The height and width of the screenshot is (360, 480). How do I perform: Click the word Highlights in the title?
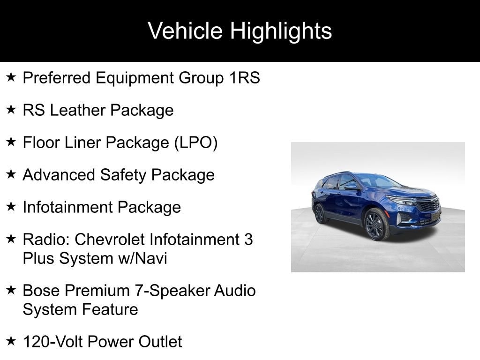[x=281, y=31]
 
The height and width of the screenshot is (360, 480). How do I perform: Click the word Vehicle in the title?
[x=185, y=30]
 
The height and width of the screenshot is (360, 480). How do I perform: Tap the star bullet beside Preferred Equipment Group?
[x=11, y=77]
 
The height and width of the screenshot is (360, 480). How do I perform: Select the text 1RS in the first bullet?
[x=245, y=77]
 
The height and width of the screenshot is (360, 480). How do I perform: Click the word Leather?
[x=77, y=110]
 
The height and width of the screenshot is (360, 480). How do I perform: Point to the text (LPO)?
[x=196, y=142]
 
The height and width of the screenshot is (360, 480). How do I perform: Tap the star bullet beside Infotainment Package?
[x=11, y=206]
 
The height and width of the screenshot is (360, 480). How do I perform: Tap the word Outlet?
[x=160, y=342]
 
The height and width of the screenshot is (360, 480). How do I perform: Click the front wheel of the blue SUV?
[x=376, y=224]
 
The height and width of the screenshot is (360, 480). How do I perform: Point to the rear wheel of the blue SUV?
[x=320, y=213]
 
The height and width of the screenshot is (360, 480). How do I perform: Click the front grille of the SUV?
[x=427, y=203]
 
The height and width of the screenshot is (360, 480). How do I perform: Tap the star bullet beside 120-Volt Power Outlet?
[x=11, y=340]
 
